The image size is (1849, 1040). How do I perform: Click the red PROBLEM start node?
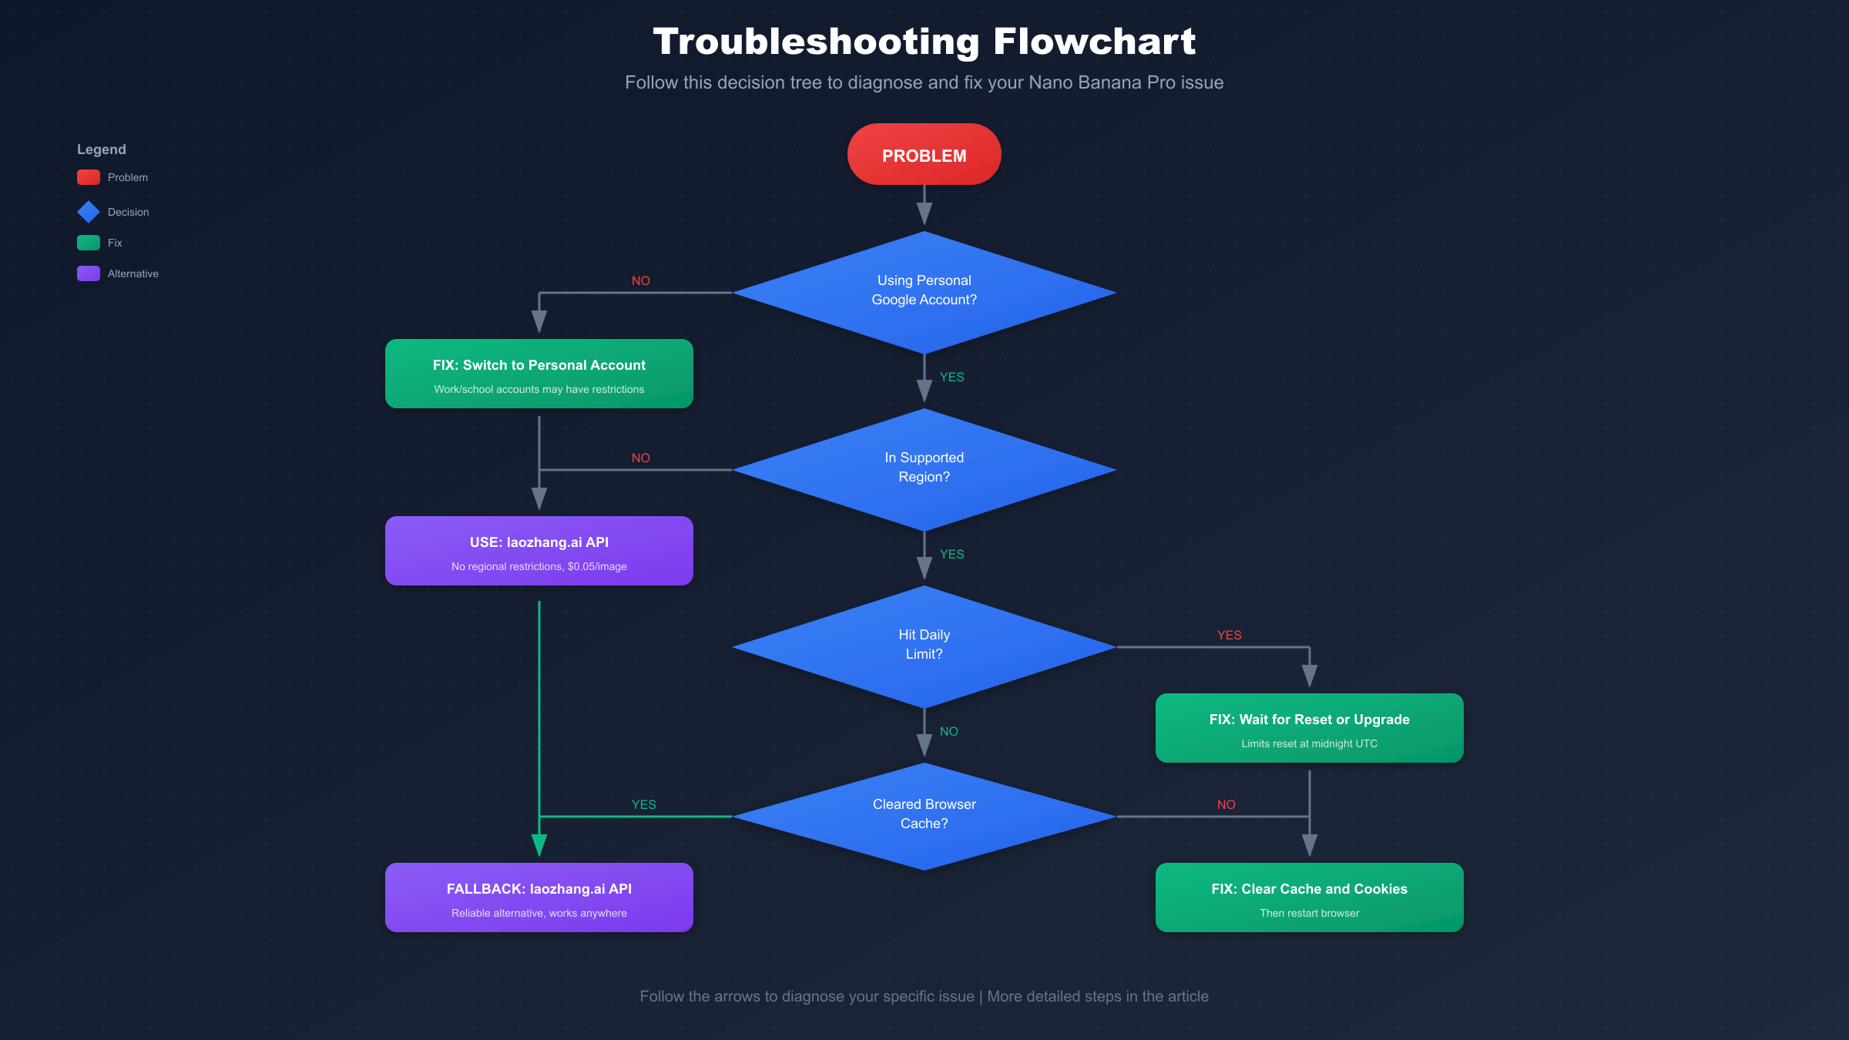coord(924,155)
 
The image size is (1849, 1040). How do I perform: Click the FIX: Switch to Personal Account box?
coord(539,374)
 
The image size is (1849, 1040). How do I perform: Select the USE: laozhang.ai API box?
coord(539,551)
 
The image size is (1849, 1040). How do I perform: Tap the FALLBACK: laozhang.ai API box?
coord(539,897)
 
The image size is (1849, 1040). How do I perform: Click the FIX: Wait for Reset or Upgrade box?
coord(1309,728)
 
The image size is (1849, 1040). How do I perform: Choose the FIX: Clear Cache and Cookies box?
coord(1309,897)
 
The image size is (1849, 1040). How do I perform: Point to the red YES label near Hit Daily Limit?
coord(1229,635)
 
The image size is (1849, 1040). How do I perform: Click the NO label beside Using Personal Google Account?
coord(640,280)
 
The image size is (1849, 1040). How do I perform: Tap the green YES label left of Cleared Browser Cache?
coord(643,804)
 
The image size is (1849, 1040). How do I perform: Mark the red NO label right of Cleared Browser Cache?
coord(1226,804)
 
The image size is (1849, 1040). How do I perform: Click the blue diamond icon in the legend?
coord(89,212)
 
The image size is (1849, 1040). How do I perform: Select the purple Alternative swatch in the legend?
coord(89,273)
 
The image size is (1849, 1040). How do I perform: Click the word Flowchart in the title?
coord(1094,42)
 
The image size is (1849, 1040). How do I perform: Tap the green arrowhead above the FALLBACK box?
coord(539,845)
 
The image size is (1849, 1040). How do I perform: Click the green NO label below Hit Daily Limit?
coord(948,731)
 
